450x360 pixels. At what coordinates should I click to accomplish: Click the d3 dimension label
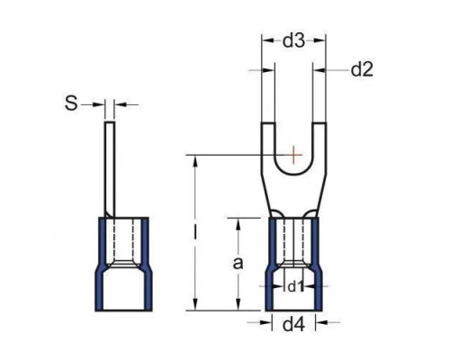293,41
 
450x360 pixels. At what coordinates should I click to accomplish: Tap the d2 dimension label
362,70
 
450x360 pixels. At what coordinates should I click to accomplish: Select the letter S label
71,103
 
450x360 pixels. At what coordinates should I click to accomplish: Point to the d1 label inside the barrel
296,287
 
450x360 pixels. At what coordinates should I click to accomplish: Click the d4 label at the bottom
293,324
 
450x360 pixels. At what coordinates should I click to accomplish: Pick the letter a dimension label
238,264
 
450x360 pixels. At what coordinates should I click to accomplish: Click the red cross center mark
293,155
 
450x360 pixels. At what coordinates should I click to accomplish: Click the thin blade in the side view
110,169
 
